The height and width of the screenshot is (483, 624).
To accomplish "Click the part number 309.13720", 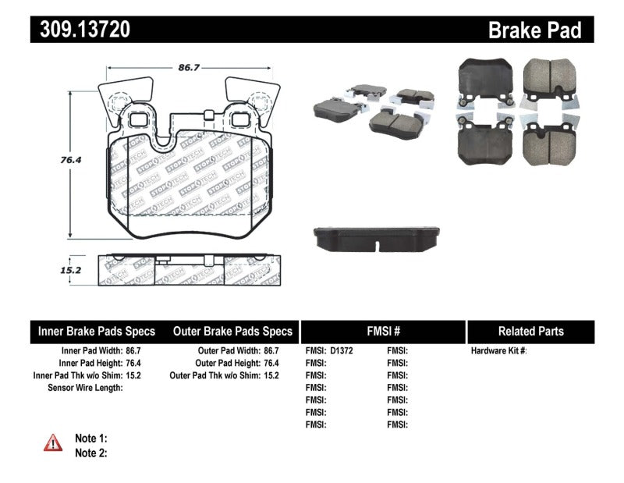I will pos(81,30).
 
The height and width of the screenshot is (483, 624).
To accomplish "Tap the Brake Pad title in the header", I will pos(534,30).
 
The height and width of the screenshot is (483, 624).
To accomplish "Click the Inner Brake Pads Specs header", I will pos(97,331).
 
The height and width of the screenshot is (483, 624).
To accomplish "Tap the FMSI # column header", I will pos(382,331).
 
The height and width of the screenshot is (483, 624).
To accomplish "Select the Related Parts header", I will pos(530,331).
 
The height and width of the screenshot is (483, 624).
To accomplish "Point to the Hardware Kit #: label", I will pos(498,351).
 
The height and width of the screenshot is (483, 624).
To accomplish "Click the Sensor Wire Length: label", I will pos(85,388).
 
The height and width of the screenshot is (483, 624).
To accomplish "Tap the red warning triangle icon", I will pos(52,442).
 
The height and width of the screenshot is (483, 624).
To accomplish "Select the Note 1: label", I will pos(90,438).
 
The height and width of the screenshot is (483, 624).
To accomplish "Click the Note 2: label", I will pos(90,453).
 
